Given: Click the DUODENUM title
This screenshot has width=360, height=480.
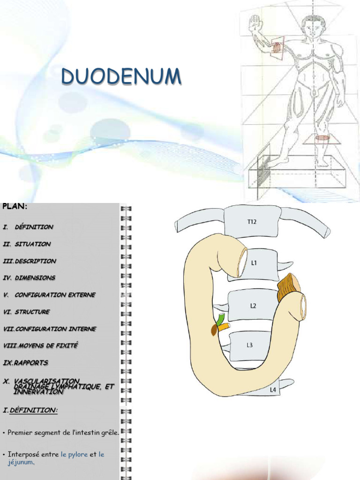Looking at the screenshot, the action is click(x=121, y=76).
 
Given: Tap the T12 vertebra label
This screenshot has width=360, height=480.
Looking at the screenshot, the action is click(x=252, y=222).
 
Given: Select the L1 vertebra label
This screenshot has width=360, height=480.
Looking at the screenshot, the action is click(x=254, y=263).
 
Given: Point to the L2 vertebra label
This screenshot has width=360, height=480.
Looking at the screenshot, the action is click(x=253, y=306).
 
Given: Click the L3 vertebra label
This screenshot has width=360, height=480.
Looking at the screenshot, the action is click(x=250, y=345).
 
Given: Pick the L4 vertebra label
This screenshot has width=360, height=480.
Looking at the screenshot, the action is click(x=273, y=389).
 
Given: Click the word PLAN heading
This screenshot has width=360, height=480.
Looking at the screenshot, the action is click(x=15, y=206).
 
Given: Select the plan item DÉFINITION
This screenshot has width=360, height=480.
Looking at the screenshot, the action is click(x=34, y=227).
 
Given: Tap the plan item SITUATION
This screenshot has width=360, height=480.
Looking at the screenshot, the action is click(x=32, y=244).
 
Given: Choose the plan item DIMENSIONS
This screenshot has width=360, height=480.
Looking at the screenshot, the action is click(x=35, y=278).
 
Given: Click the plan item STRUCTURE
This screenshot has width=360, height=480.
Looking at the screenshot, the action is click(x=32, y=312).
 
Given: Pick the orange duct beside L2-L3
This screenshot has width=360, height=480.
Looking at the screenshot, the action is click(x=223, y=327).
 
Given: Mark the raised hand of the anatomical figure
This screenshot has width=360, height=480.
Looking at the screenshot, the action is click(x=255, y=22).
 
